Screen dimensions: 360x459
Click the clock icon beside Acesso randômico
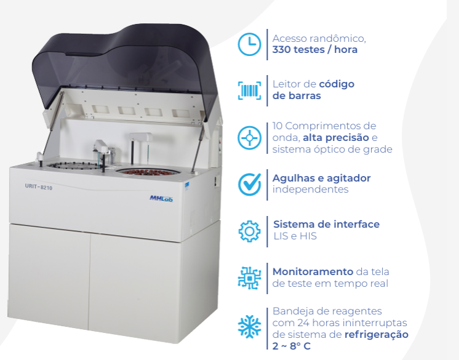[249, 44]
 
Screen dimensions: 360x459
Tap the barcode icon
[249, 90]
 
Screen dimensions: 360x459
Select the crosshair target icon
[249, 137]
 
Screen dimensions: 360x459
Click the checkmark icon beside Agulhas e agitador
[249, 183]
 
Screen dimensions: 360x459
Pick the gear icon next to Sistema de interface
[249, 231]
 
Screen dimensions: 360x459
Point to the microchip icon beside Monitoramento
[249, 278]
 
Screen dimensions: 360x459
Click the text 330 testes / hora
[314, 50]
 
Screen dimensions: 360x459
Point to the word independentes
[310, 190]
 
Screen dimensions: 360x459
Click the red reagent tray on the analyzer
[146, 171]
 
